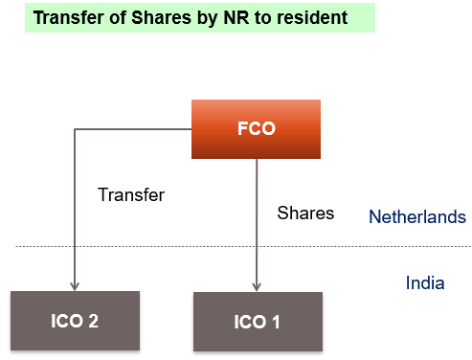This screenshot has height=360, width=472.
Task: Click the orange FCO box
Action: pyautogui.click(x=256, y=129)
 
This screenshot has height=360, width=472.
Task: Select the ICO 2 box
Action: pyautogui.click(x=75, y=321)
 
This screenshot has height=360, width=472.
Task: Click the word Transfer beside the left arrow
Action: pyautogui.click(x=131, y=194)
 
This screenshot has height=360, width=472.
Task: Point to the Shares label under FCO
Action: pyautogui.click(x=305, y=213)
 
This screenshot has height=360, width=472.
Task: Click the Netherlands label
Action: pyautogui.click(x=416, y=217)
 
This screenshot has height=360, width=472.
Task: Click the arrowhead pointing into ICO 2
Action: pyautogui.click(x=74, y=285)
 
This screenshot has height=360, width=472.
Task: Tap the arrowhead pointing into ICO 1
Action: pyautogui.click(x=257, y=285)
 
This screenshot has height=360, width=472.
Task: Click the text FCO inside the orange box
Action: pyautogui.click(x=256, y=129)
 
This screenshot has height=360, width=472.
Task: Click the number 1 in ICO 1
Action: pyautogui.click(x=275, y=322)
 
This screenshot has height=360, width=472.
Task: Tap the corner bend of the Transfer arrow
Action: pyautogui.click(x=74, y=130)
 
